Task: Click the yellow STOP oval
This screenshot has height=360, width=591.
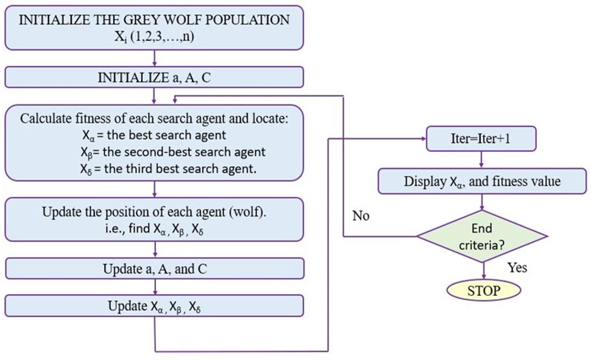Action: tap(484, 290)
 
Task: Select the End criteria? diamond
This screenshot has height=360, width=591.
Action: tap(482, 236)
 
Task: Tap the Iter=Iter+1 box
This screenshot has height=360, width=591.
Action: tap(481, 139)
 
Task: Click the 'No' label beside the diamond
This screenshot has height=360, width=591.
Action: tap(361, 216)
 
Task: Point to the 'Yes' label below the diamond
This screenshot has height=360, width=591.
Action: tap(517, 267)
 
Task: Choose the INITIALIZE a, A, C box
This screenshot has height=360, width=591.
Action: tap(154, 77)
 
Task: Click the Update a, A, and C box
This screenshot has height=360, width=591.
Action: tap(155, 269)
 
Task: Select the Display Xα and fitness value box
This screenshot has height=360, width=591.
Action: tap(482, 181)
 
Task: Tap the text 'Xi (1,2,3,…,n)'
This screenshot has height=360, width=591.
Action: tap(154, 37)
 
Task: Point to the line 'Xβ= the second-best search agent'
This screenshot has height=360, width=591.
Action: tap(173, 152)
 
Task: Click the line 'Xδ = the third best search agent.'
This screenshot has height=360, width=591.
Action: tap(168, 169)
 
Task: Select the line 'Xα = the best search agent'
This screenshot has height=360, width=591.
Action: tap(154, 135)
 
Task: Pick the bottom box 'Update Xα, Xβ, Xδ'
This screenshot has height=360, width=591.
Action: tap(154, 306)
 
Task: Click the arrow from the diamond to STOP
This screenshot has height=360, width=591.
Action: tap(484, 271)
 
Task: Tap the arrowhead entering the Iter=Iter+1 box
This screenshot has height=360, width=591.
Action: tap(423, 139)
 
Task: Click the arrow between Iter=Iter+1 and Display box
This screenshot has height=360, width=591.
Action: tap(481, 160)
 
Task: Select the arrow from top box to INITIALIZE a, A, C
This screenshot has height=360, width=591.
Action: tap(154, 58)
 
